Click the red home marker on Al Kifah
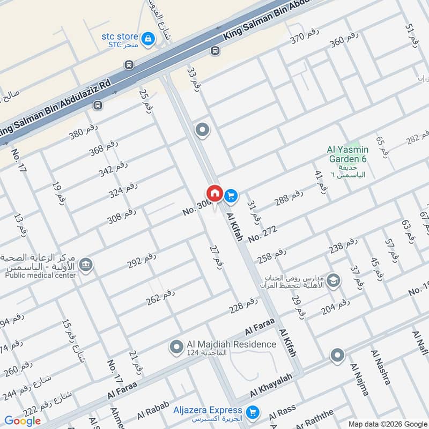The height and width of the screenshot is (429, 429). [x=214, y=193]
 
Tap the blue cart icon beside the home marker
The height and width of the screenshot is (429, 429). [x=231, y=196]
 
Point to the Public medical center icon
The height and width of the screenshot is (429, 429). [x=85, y=265]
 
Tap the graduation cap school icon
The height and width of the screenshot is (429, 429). [x=333, y=281]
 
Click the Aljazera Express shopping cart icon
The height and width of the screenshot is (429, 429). [x=253, y=412]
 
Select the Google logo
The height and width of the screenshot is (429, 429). [x=23, y=420]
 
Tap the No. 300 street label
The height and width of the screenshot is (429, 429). [x=196, y=206]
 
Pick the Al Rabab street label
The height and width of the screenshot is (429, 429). [x=153, y=410]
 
